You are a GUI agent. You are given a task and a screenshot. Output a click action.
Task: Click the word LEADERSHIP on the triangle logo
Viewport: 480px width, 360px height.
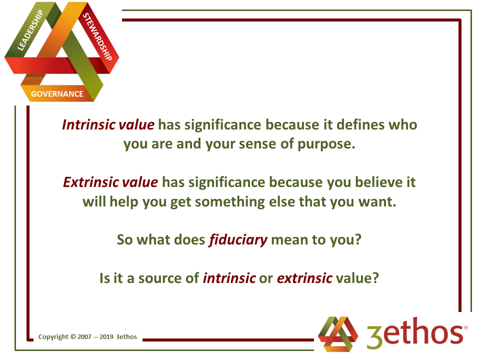click(x=30, y=29)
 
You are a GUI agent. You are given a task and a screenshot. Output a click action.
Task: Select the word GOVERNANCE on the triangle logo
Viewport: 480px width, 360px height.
click(x=57, y=94)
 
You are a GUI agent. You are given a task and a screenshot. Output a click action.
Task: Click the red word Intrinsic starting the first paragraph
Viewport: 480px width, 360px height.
click(x=88, y=125)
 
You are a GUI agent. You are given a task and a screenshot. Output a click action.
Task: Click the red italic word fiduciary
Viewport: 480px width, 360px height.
click(x=238, y=240)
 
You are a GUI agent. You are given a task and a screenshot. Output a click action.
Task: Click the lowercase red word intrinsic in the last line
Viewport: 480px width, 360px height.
click(x=229, y=278)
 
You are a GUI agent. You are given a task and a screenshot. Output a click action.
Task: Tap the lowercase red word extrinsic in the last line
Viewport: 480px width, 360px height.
click(x=304, y=278)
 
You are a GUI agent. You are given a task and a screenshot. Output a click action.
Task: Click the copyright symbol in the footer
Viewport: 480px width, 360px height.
click(x=73, y=336)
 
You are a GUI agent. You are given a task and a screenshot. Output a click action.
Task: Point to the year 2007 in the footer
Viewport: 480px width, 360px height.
click(x=84, y=337)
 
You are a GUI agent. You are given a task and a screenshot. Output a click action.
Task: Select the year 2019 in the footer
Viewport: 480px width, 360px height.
click(x=106, y=337)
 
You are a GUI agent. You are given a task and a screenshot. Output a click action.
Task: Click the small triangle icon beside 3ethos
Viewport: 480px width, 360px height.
click(x=338, y=334)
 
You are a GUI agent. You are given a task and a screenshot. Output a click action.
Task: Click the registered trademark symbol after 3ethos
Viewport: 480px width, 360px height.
click(x=465, y=327)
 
